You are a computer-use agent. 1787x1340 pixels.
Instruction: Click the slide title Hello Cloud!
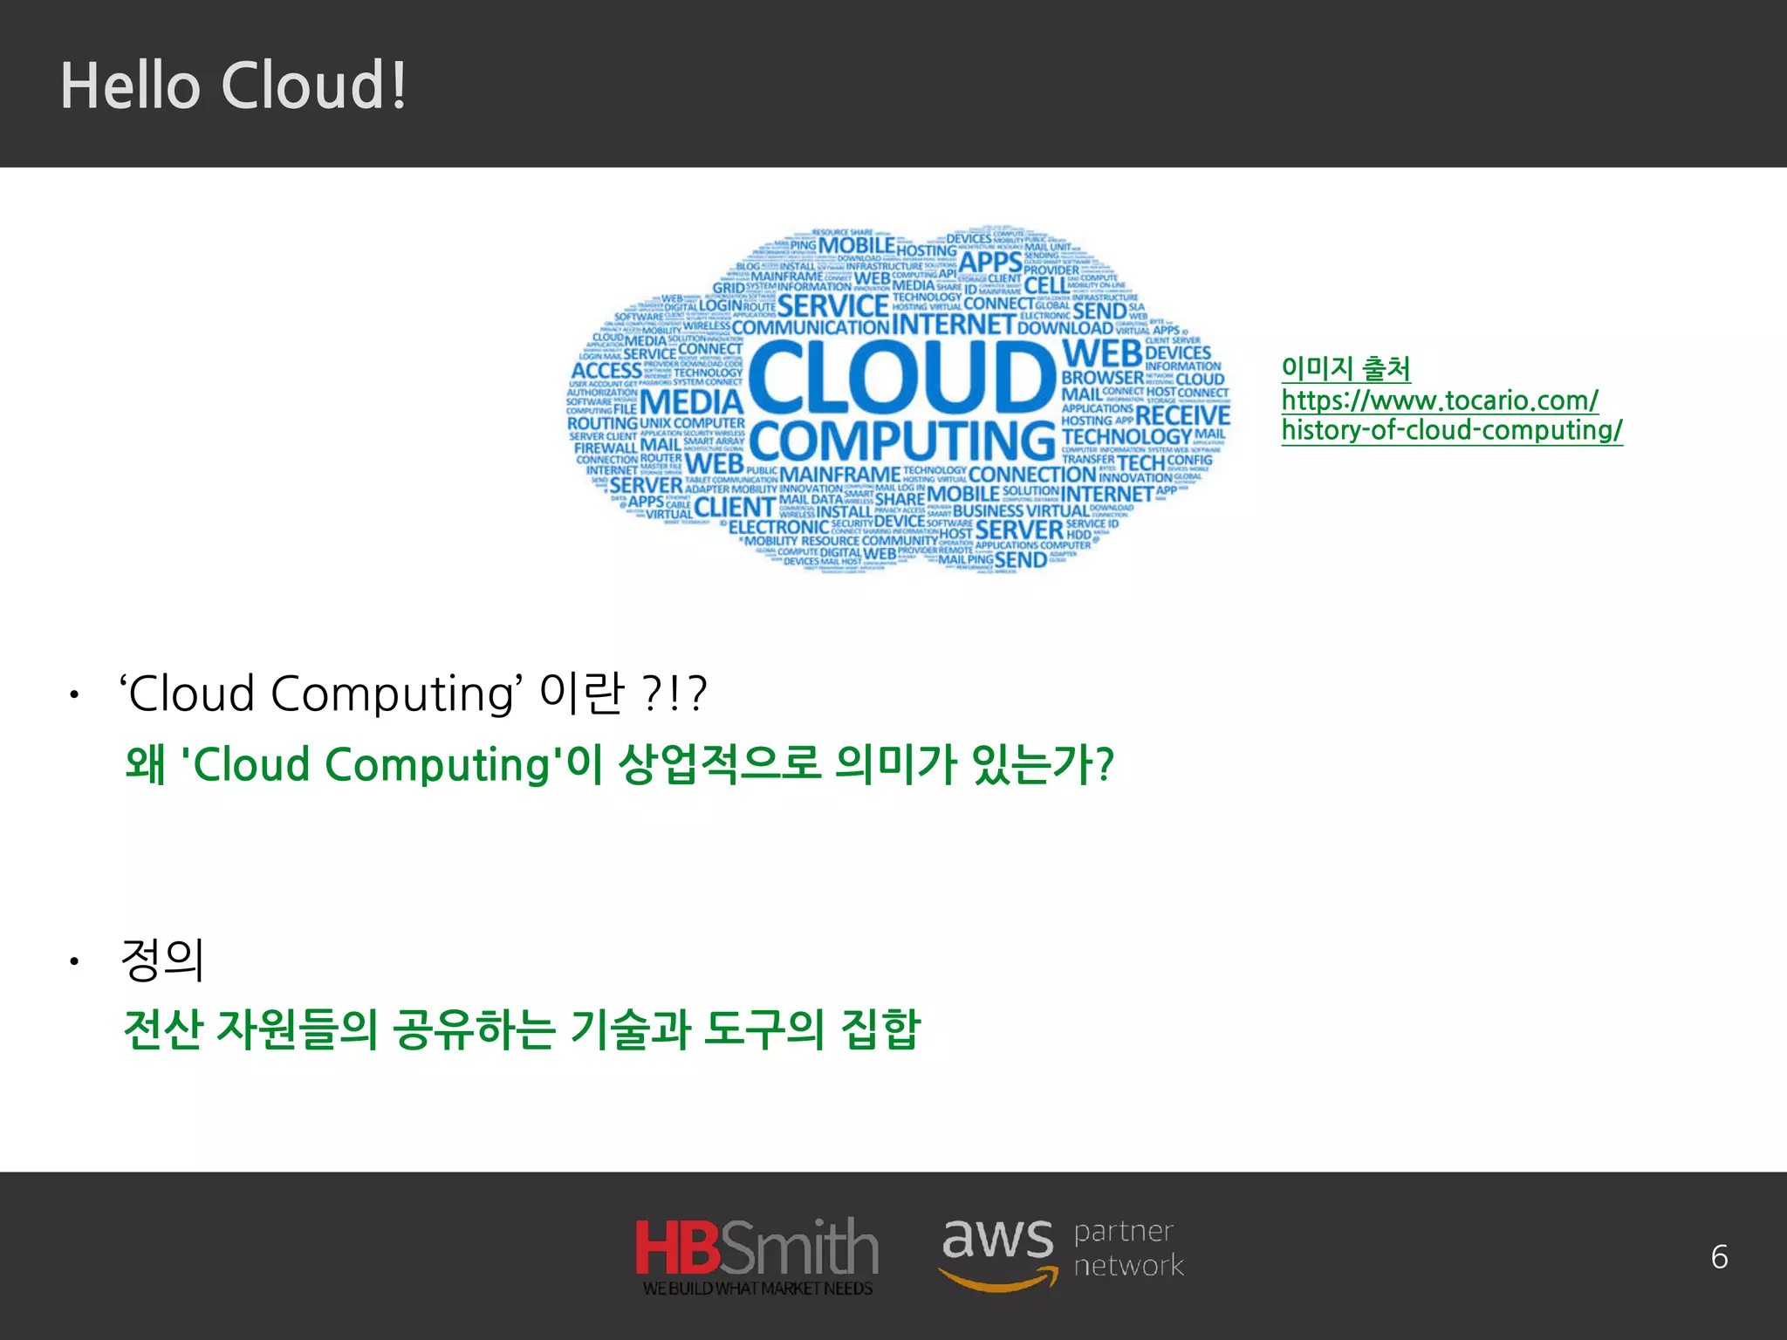click(233, 85)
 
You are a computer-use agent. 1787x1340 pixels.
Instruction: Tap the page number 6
click(1719, 1257)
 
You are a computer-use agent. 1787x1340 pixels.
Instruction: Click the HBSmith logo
click(757, 1255)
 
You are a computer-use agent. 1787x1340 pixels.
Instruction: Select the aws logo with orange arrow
click(997, 1253)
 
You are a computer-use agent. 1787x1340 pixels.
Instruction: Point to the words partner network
click(1128, 1248)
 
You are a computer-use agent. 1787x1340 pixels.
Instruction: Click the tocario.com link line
click(1440, 400)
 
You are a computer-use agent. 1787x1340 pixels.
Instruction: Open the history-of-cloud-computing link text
click(1451, 430)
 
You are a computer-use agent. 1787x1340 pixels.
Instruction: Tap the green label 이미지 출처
click(1345, 368)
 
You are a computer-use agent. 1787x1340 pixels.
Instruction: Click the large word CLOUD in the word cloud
click(902, 377)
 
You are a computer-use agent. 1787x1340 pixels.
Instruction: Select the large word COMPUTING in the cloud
click(902, 441)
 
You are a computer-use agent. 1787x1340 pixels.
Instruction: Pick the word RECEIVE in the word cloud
click(1182, 415)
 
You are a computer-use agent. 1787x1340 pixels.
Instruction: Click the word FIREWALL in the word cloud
click(606, 448)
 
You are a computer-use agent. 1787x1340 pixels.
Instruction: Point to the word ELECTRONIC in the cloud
click(778, 527)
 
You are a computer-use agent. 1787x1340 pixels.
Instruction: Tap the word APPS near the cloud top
click(989, 262)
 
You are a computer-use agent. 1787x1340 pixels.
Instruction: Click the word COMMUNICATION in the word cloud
click(810, 328)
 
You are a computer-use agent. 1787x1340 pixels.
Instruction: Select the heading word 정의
click(163, 960)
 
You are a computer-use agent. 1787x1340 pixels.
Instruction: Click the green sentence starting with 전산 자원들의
click(522, 1029)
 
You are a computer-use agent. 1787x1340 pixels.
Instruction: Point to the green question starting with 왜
click(619, 764)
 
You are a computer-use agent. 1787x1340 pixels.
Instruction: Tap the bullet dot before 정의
click(75, 962)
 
